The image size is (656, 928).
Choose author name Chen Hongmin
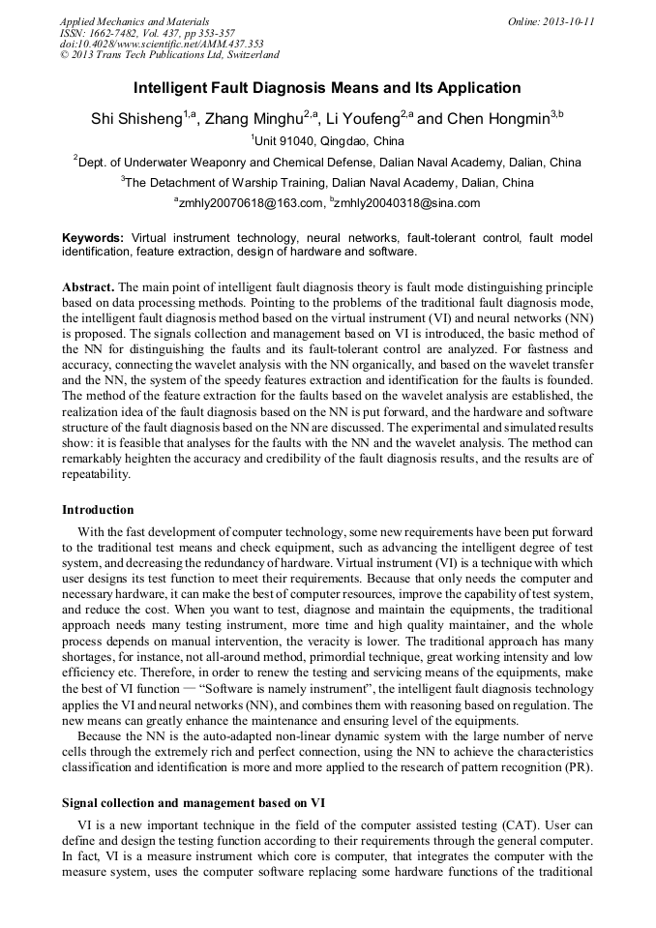(498, 120)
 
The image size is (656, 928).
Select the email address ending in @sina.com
(407, 203)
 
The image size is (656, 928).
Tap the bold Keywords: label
(93, 237)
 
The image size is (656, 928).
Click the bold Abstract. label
(89, 288)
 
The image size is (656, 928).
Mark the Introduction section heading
(98, 509)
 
